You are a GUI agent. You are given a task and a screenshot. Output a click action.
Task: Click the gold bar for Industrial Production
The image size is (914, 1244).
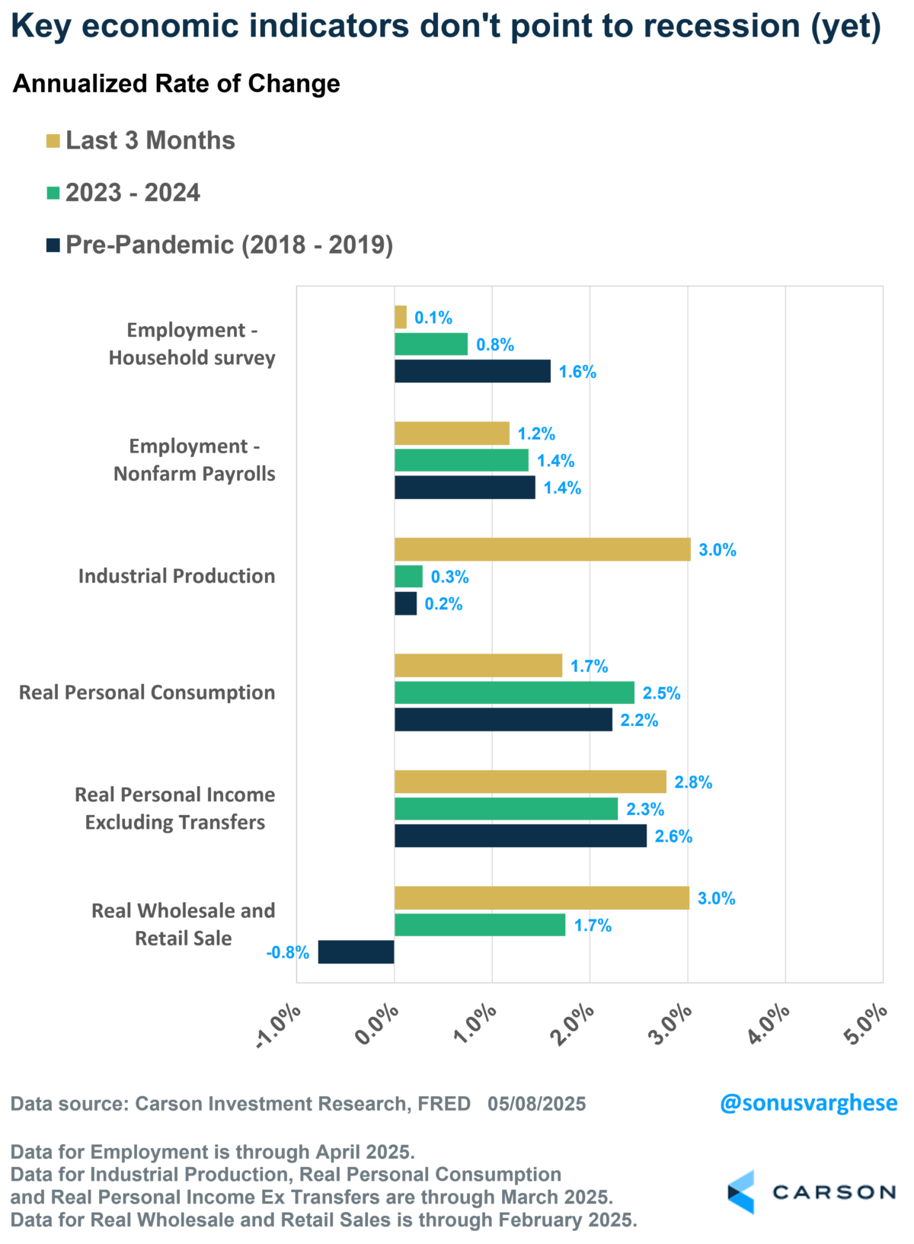542,549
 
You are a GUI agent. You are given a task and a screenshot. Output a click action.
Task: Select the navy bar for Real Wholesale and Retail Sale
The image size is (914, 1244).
356,952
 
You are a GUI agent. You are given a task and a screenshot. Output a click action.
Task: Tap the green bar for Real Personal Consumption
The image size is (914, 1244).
514,692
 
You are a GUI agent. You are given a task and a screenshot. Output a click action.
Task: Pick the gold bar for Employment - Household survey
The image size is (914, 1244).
401,317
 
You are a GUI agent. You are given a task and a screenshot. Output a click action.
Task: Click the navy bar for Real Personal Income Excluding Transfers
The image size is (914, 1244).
520,836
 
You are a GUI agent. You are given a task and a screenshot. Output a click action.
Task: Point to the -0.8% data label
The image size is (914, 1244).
288,952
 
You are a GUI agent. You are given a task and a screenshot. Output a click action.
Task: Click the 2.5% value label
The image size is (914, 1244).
661,693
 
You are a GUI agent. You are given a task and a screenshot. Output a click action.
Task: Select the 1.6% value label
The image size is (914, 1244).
577,372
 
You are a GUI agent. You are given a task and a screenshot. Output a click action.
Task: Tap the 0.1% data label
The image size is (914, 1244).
433,318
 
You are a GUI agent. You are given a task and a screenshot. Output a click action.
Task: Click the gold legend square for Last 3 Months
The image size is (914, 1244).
53,141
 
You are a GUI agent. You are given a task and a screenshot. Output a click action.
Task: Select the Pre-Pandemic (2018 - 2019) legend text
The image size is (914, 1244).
229,245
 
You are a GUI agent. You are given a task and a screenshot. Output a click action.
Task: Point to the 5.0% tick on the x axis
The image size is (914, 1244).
866,1025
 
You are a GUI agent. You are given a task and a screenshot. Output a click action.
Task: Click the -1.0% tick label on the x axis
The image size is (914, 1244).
279,1027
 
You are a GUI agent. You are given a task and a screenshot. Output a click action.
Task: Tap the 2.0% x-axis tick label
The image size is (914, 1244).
573,1025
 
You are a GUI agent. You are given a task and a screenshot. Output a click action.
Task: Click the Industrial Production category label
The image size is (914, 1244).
177,576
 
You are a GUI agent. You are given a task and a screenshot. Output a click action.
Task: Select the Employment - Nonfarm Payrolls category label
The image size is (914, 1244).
194,460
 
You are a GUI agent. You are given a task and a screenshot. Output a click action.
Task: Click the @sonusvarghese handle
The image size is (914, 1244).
808,1103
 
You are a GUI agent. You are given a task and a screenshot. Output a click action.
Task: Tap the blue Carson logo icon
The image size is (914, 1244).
741,1192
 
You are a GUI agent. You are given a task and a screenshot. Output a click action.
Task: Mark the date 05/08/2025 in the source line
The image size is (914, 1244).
537,1104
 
